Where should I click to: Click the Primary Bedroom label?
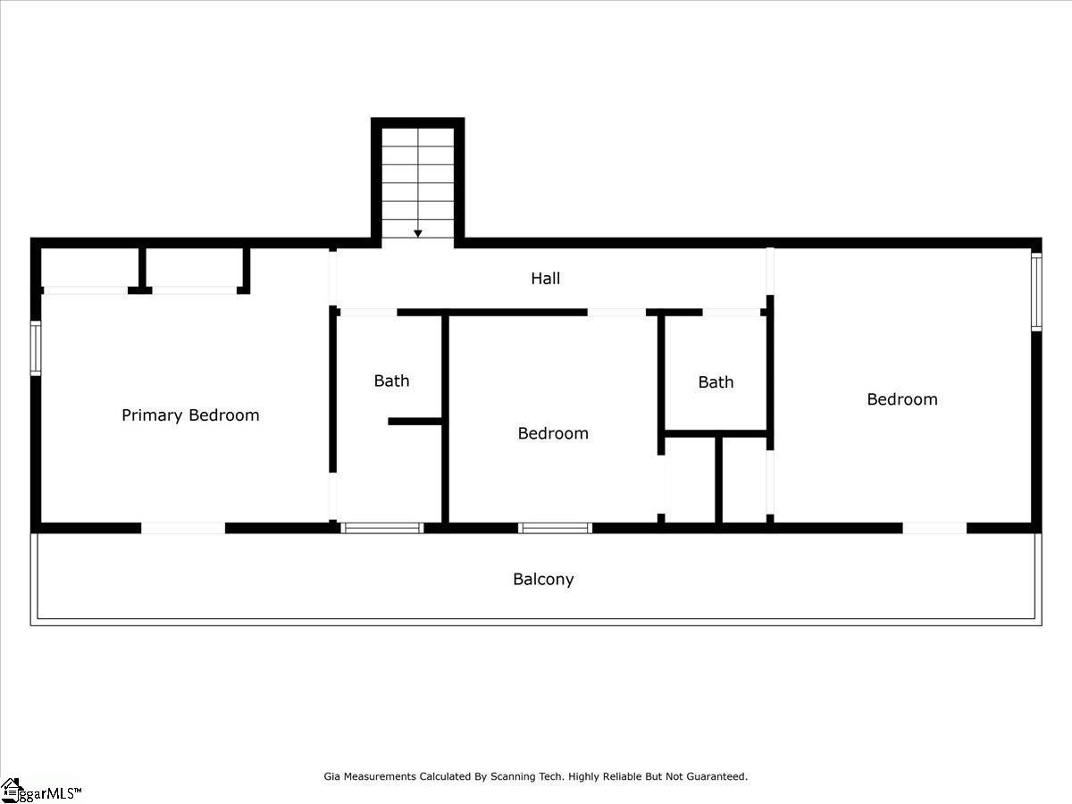[190, 415]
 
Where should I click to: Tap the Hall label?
[545, 279]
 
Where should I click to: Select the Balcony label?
[543, 579]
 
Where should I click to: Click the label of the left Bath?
[391, 381]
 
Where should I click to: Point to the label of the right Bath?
[716, 382]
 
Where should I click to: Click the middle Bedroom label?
[553, 433]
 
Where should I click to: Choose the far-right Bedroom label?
[902, 399]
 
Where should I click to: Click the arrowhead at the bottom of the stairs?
[418, 233]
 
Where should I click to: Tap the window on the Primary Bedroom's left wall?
[36, 348]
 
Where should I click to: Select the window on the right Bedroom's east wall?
[1036, 291]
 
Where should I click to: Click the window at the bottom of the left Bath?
[382, 528]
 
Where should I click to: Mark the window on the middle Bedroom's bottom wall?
[555, 528]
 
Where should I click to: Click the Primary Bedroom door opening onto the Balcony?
[183, 528]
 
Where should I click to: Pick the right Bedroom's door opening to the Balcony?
[934, 528]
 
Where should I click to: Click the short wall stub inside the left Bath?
[415, 421]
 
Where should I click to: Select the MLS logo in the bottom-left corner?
[40, 791]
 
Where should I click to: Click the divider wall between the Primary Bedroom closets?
[142, 268]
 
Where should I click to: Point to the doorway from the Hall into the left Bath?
[367, 313]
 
